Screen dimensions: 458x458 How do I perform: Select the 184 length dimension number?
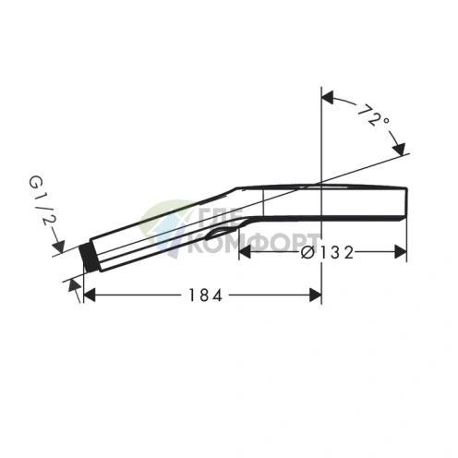pos(205,295)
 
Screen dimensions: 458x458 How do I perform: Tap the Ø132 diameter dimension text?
pos(329,252)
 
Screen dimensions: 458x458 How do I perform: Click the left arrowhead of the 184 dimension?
pos(90,295)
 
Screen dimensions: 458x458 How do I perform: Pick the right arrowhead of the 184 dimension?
pos(315,295)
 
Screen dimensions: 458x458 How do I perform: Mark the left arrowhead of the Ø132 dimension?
pos(245,252)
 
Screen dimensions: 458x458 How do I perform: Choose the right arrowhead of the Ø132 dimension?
pos(401,252)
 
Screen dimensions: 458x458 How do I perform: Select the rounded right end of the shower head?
pos(403,200)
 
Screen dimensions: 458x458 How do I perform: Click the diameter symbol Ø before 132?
pos(307,252)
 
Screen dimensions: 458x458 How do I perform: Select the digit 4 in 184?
pos(218,295)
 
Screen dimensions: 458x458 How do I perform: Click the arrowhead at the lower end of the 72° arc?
pos(400,148)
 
